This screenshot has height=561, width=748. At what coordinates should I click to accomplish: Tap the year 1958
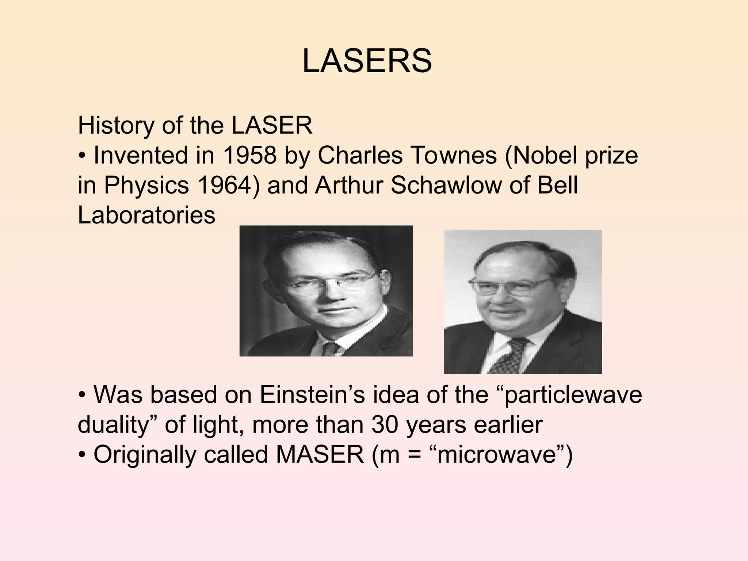click(x=249, y=155)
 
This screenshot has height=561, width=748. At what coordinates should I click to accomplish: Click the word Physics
click(x=146, y=185)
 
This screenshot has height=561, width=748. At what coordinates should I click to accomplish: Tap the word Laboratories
click(x=146, y=215)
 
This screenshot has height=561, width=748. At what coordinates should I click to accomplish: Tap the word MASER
click(x=320, y=455)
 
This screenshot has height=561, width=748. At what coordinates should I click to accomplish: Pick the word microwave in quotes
click(x=499, y=455)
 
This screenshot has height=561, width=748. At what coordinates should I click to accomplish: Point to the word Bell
click(x=557, y=185)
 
